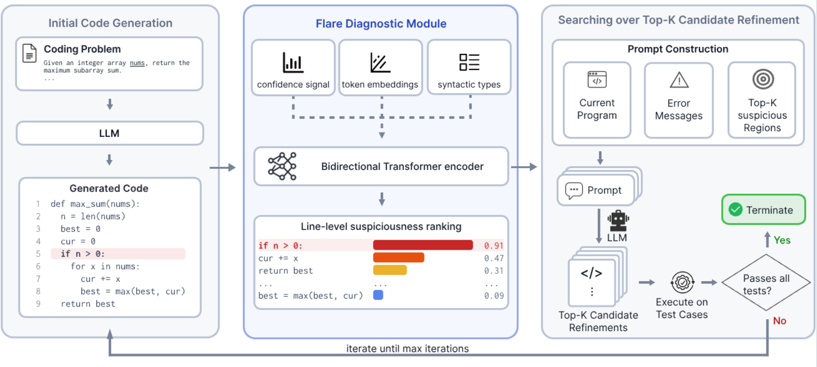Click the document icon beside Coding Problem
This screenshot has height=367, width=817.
(x=29, y=53)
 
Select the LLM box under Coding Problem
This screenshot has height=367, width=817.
(x=110, y=133)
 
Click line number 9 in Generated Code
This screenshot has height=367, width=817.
(x=38, y=304)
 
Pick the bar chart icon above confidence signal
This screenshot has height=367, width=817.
(x=293, y=63)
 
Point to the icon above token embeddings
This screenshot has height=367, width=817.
(x=380, y=63)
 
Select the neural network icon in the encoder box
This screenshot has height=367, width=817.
(x=282, y=166)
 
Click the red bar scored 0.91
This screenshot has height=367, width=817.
(x=423, y=245)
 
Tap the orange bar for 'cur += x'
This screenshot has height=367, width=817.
(x=398, y=257)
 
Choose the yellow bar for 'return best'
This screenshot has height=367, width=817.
(x=390, y=270)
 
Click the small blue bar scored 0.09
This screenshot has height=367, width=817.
(x=378, y=295)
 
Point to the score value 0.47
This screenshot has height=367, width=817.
(x=494, y=258)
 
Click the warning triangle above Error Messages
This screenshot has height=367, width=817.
(x=679, y=80)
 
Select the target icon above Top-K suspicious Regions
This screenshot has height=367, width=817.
(x=763, y=79)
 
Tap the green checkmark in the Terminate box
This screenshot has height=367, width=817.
(x=735, y=210)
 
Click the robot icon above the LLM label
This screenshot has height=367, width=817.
(x=618, y=220)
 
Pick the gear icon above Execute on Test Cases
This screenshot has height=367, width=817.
(x=682, y=282)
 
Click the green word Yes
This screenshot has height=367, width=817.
(x=782, y=240)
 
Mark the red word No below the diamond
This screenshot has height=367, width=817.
(x=780, y=321)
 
